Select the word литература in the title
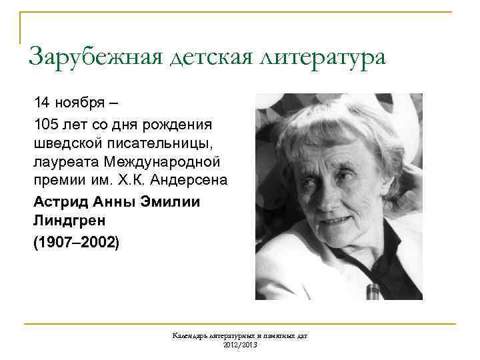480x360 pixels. click(x=323, y=57)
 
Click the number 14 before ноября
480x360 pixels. click(x=41, y=103)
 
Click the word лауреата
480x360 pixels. click(x=63, y=162)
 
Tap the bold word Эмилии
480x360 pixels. click(x=166, y=201)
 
